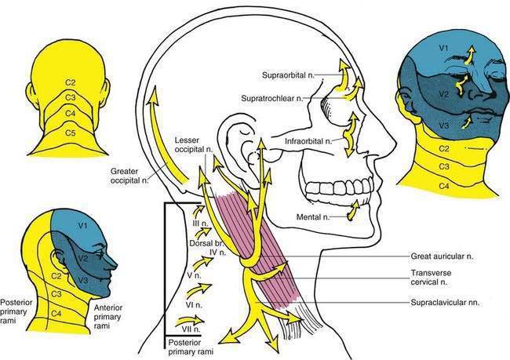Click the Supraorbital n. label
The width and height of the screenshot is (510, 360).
[x=286, y=75]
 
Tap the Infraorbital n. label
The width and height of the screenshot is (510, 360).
[x=301, y=140]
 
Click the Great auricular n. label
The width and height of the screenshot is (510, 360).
[x=446, y=256]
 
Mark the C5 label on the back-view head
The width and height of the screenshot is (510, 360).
[x=71, y=134]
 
